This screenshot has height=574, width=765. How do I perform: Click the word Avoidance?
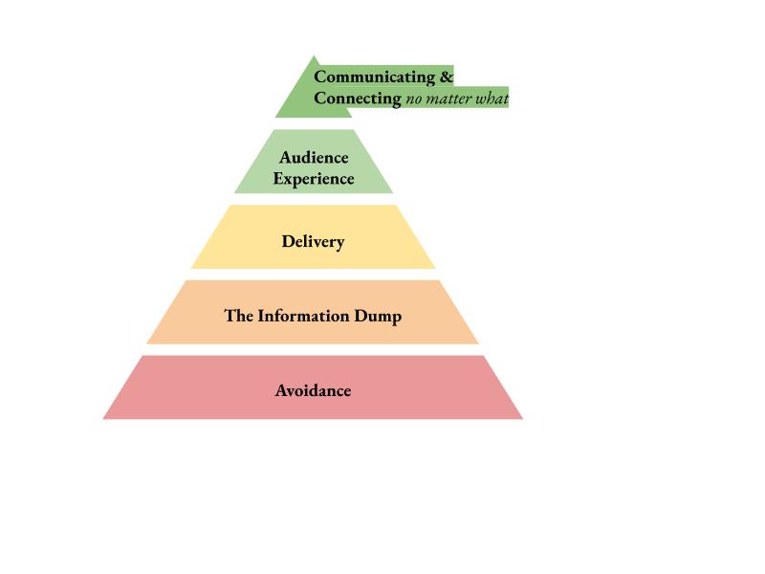click(314, 390)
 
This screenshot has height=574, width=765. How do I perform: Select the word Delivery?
click(314, 242)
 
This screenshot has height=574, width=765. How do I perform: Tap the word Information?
click(303, 316)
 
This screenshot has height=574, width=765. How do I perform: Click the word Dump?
click(378, 317)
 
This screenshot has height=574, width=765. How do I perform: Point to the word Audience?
click(314, 157)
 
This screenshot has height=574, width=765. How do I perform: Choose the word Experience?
click(314, 179)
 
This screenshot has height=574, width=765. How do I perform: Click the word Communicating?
click(375, 77)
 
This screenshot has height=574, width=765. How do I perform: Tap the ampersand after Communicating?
click(447, 77)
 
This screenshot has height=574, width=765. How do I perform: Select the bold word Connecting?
click(358, 99)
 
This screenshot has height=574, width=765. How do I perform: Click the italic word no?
click(414, 100)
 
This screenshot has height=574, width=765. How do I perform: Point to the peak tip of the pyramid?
click(314, 56)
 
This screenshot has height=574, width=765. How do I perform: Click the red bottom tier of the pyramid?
click(313, 387)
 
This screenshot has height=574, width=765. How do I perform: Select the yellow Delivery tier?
click(314, 236)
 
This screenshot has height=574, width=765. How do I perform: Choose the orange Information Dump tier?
click(313, 312)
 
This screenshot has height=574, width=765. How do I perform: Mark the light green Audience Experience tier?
click(314, 162)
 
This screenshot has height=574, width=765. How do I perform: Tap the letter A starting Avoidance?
click(281, 390)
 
